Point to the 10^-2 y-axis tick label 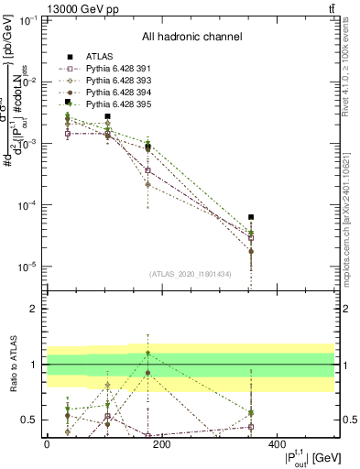point(29,82)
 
